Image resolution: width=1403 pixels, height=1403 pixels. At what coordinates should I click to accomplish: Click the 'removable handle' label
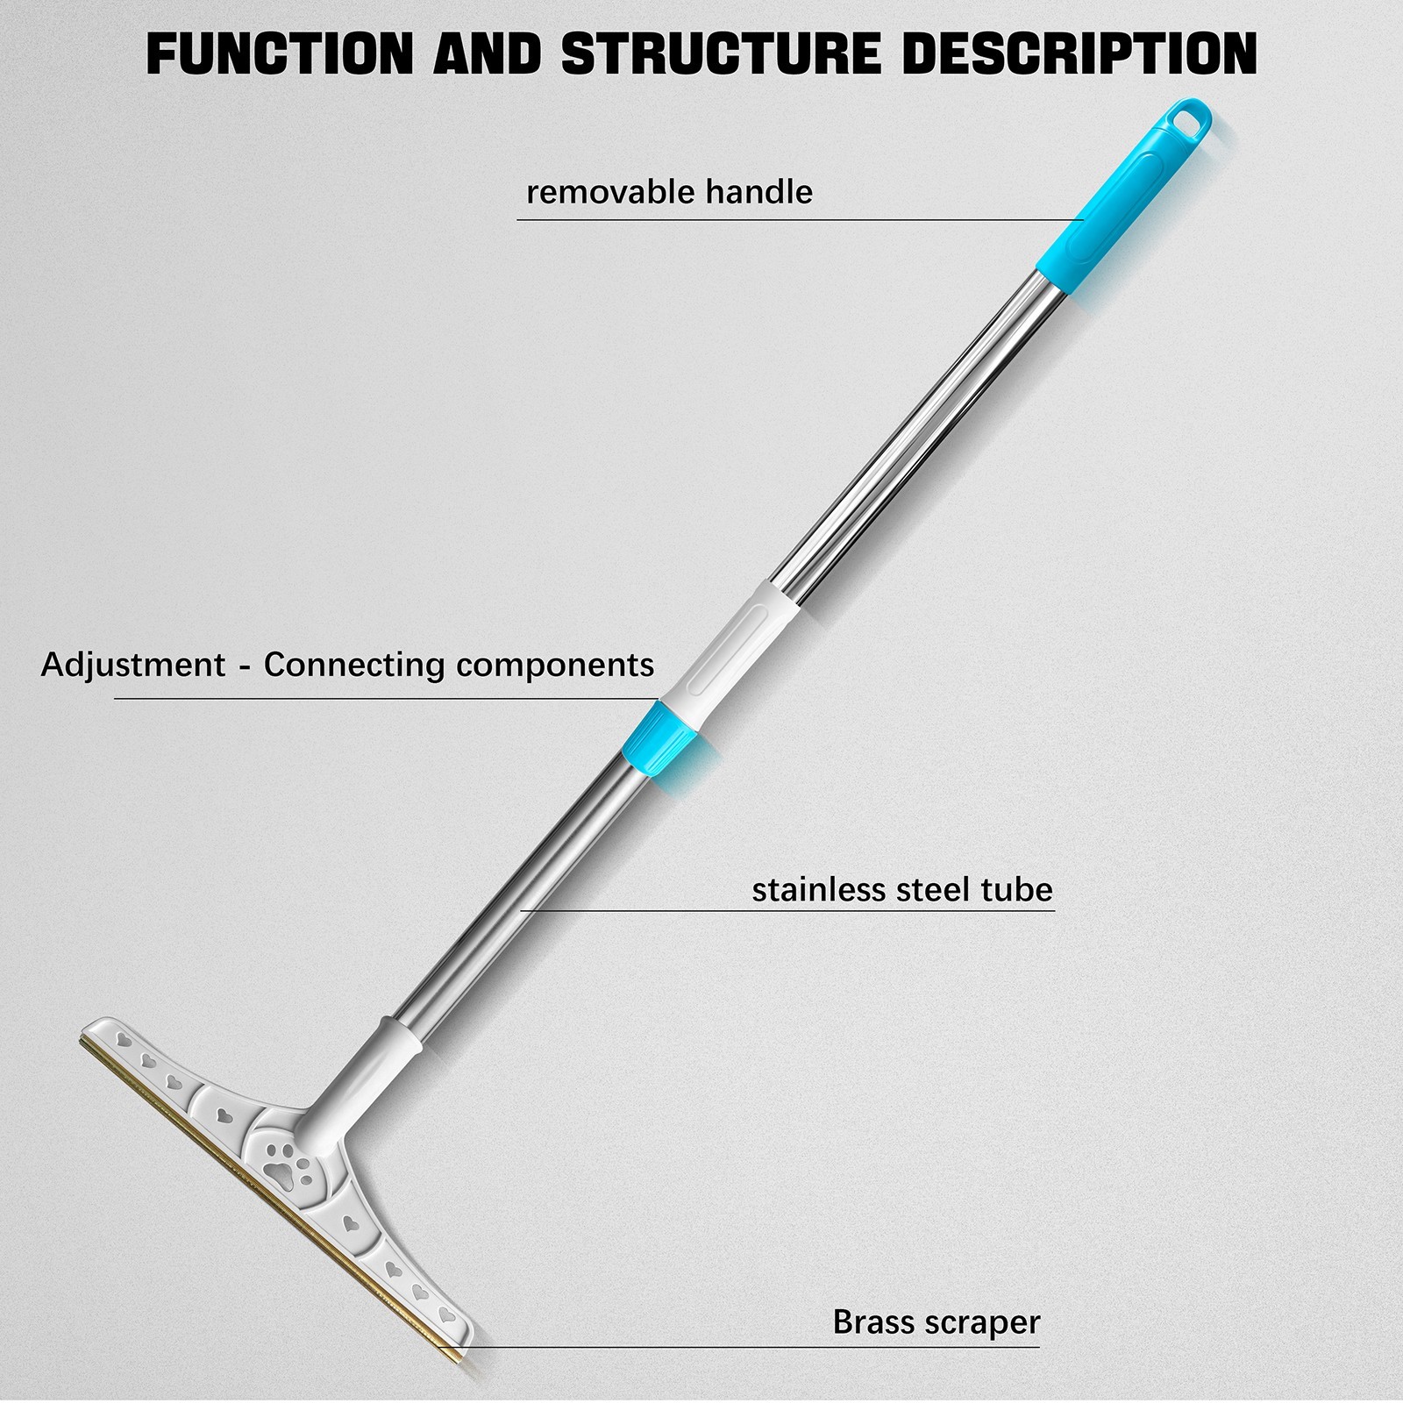click(669, 191)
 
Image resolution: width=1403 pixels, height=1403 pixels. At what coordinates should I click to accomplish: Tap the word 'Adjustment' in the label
click(133, 665)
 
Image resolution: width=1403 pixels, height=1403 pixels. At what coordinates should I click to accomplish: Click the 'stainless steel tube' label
click(902, 889)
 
